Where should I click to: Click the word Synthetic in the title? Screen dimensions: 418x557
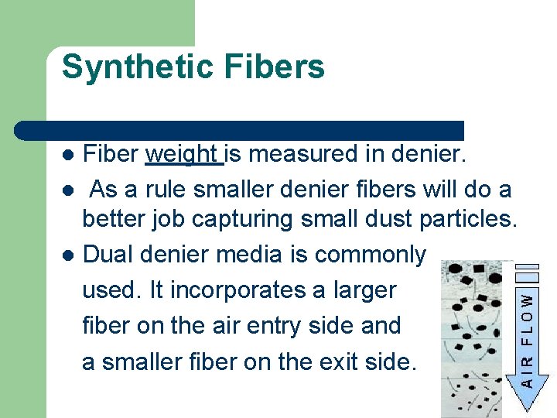[136, 67]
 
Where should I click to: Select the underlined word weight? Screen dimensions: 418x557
[183, 154]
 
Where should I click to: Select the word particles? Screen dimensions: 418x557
[468, 221]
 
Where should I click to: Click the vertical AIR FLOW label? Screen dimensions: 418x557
[526, 340]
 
